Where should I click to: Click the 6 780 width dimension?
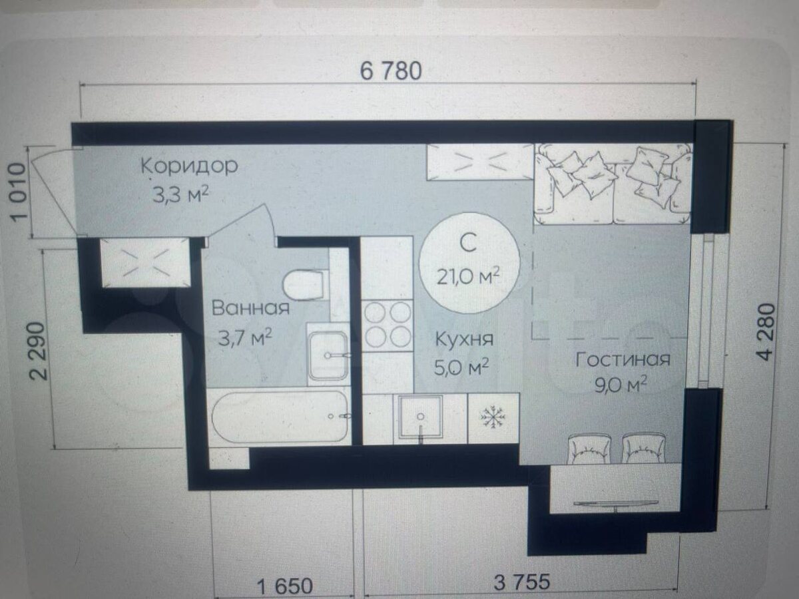[391, 71]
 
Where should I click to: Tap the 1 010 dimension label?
[19, 192]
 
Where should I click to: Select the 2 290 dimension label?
[39, 351]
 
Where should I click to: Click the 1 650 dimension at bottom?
[285, 587]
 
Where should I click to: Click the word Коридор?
[189, 166]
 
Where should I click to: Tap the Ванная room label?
[250, 307]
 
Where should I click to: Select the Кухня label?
[464, 339]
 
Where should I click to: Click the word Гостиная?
[623, 359]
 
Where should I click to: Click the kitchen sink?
[420, 417]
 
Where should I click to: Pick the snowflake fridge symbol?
[493, 417]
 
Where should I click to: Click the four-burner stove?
[388, 324]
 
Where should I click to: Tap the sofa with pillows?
[613, 183]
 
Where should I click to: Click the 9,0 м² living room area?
[621, 385]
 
